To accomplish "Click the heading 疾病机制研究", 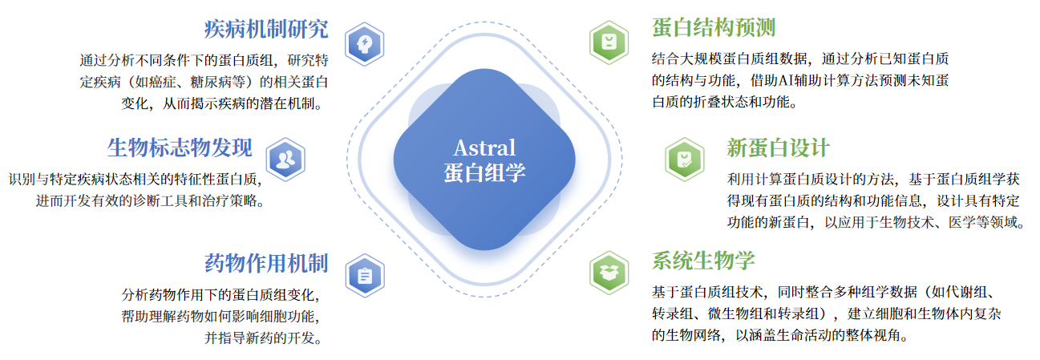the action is click(x=266, y=29).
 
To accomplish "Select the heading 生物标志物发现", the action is click(x=180, y=148).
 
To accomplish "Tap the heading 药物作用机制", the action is click(x=266, y=263).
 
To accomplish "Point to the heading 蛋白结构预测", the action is click(x=714, y=27).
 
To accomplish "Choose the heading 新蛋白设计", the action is click(x=778, y=148).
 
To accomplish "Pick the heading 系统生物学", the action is click(x=703, y=261).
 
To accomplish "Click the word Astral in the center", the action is click(x=484, y=148).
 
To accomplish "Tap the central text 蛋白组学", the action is click(x=484, y=173).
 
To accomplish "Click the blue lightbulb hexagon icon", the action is click(x=365, y=44).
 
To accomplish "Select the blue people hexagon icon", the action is click(x=285, y=160).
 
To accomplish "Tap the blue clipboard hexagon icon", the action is click(x=365, y=276).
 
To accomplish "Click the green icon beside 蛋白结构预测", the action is click(x=609, y=42).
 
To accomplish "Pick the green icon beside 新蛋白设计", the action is click(x=684, y=160).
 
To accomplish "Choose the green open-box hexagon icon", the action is click(x=609, y=273).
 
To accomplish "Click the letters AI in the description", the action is click(x=786, y=81).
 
